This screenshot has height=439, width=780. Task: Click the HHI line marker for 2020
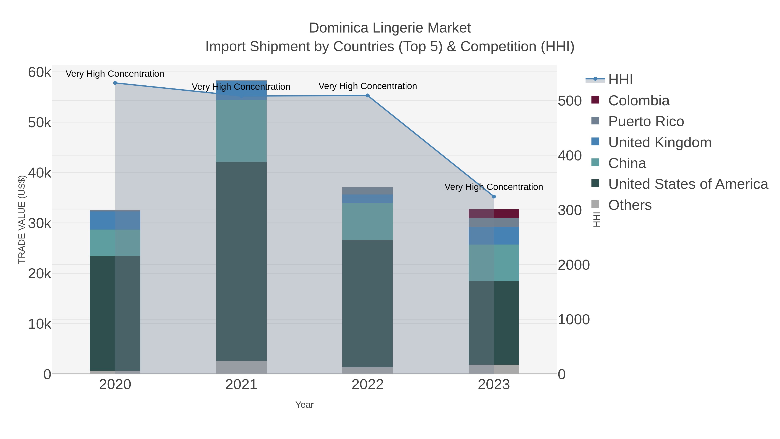(x=115, y=83)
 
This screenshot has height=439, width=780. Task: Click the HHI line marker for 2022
(x=368, y=96)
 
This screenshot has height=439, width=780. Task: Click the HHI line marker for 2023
(x=494, y=197)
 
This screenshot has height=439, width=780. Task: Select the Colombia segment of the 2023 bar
(x=494, y=214)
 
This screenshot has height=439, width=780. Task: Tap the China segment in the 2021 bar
(x=241, y=131)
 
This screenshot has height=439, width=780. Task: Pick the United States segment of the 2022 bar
(x=368, y=303)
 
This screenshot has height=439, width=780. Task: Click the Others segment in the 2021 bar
(x=241, y=367)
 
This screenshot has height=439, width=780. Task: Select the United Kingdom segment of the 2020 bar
(x=115, y=220)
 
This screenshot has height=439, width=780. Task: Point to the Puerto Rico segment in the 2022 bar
(x=368, y=191)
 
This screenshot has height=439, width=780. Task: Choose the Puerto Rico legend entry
(x=646, y=121)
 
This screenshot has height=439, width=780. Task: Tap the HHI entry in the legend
(x=620, y=80)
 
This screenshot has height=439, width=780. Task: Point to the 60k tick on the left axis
(x=39, y=72)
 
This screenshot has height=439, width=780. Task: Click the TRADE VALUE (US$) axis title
(x=22, y=219)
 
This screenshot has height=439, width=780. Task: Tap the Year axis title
(x=304, y=405)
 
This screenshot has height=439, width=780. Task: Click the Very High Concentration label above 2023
(x=494, y=187)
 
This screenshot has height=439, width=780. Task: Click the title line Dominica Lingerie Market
(x=390, y=28)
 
